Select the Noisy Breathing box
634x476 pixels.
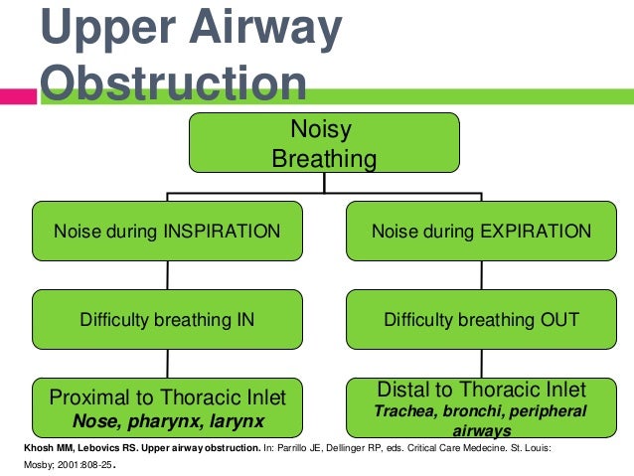324,145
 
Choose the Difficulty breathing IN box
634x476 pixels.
167,319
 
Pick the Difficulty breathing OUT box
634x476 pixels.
481,319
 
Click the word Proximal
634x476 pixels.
92,397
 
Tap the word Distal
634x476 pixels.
406,390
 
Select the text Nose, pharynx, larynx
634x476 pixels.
167,420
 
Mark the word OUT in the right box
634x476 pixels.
558,320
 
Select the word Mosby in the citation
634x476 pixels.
21,463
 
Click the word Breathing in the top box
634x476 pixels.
324,159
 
